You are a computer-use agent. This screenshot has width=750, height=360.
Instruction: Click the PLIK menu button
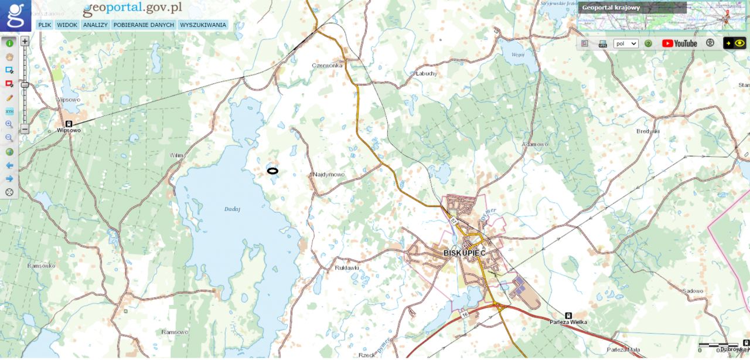[45, 25]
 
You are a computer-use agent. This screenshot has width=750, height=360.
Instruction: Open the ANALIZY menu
[95, 25]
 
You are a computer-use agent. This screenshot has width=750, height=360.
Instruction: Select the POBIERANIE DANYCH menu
[144, 25]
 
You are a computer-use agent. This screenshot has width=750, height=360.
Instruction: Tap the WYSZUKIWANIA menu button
[203, 25]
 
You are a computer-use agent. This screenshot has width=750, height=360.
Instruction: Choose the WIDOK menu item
[67, 25]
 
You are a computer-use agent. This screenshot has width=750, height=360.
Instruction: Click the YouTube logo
[680, 43]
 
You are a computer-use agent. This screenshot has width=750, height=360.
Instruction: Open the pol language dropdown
[626, 43]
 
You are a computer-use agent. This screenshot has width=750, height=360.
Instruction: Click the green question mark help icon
[649, 43]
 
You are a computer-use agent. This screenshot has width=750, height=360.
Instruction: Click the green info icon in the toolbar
[9, 43]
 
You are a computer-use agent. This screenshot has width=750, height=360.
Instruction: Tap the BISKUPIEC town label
[465, 253]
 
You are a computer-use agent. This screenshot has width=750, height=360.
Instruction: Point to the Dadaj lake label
[233, 209]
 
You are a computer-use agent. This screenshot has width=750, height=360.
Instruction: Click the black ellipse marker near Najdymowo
[272, 171]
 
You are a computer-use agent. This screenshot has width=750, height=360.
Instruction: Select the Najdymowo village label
[329, 175]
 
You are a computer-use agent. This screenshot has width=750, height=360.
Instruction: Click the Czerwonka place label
[327, 66]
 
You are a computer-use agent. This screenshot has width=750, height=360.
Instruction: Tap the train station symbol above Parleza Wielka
[568, 315]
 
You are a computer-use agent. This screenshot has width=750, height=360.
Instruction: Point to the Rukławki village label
[346, 268]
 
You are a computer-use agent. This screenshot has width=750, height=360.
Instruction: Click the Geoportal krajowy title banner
[632, 8]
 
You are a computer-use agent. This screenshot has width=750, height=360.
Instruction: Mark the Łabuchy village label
[426, 73]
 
